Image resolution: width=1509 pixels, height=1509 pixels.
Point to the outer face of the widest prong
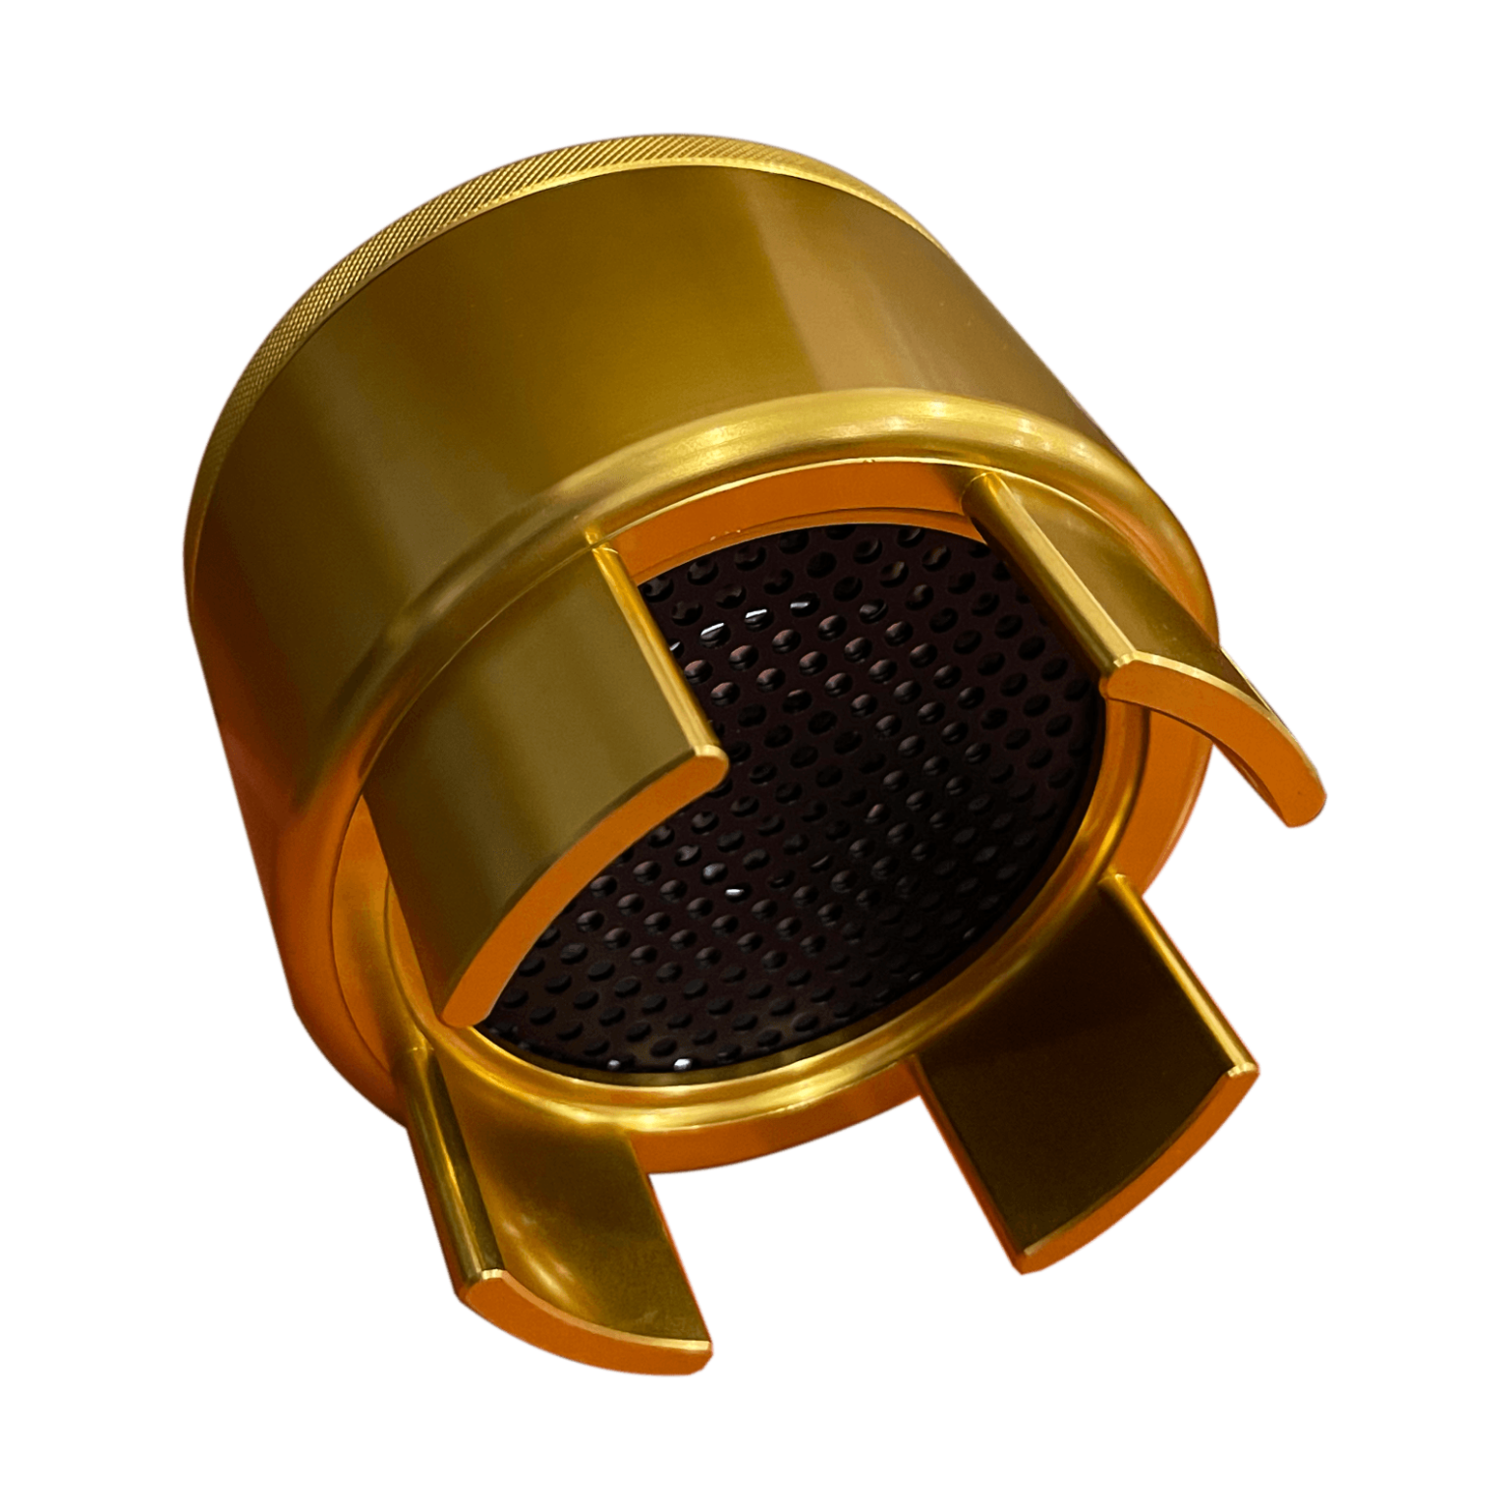pyautogui.click(x=531, y=747)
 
